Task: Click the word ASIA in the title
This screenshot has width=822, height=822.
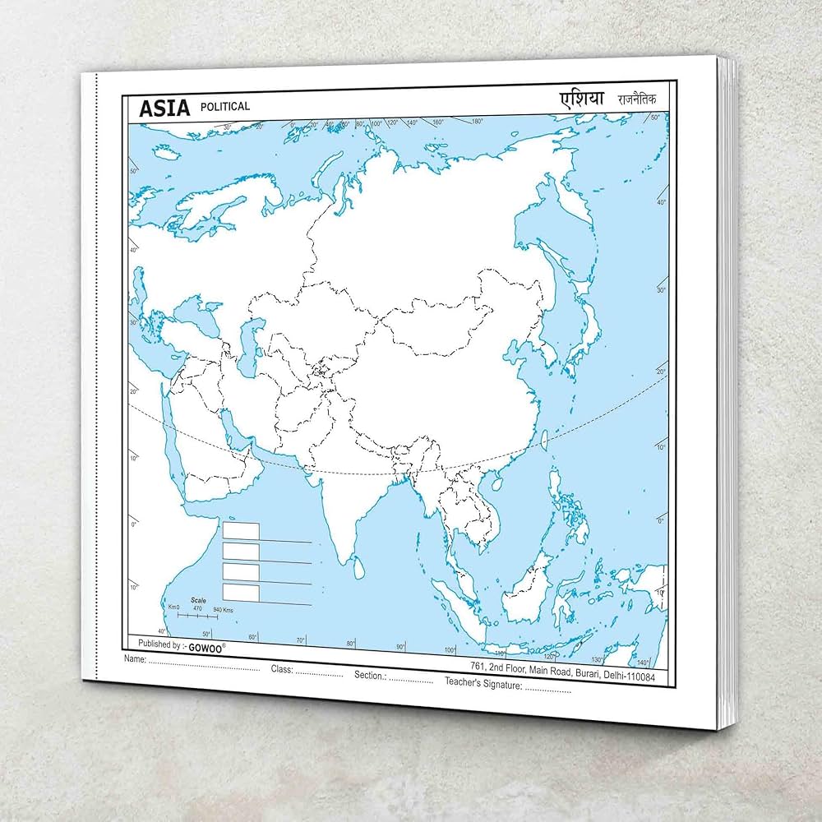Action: [x=164, y=108]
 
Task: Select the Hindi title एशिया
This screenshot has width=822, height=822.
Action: [x=582, y=99]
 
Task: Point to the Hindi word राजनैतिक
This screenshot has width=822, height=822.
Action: [x=637, y=100]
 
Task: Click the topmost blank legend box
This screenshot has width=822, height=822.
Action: [x=241, y=531]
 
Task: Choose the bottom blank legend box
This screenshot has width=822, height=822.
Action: [x=241, y=592]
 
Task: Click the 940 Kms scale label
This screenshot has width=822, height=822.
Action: [x=223, y=610]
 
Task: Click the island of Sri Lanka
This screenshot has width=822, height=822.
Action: [x=358, y=566]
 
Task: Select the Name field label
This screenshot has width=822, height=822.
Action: [x=135, y=659]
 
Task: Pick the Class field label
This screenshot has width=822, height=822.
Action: [x=282, y=669]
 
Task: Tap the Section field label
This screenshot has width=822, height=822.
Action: [x=370, y=675]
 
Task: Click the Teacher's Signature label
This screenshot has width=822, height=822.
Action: [x=483, y=682]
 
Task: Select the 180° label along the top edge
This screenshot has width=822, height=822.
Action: [x=477, y=122]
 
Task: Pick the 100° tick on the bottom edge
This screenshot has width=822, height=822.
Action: [x=450, y=650]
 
